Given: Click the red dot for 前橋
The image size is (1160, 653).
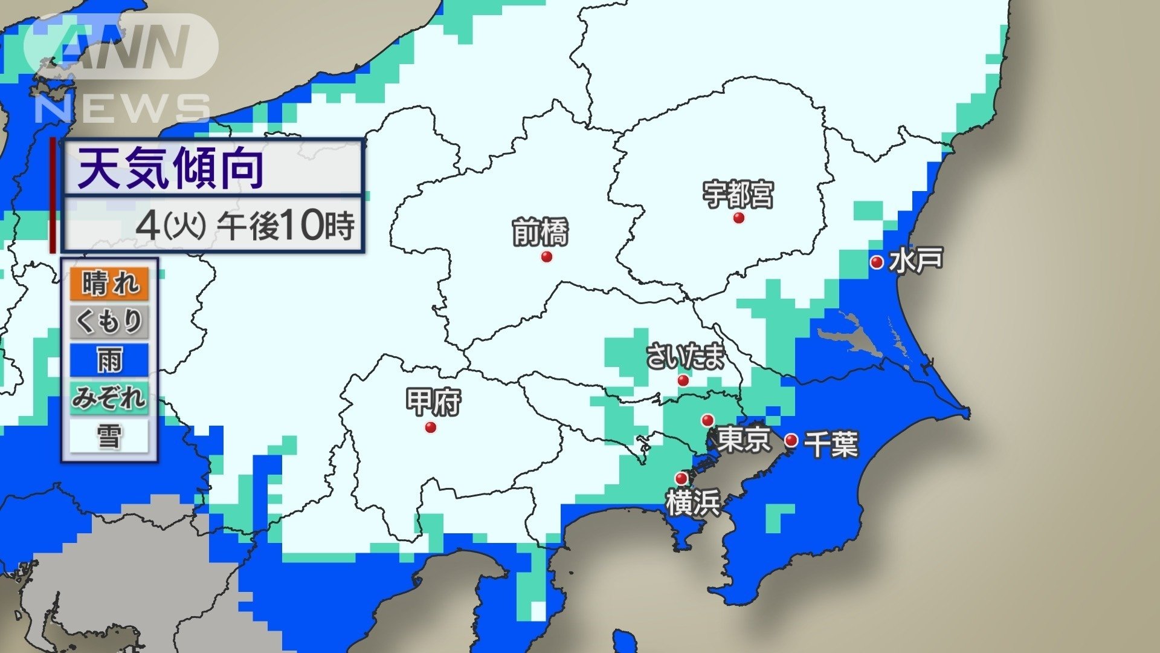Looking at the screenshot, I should pos(547,257).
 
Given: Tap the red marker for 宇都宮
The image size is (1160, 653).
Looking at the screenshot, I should pos(738,218).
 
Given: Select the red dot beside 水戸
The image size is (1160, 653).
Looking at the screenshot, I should pos(877,262).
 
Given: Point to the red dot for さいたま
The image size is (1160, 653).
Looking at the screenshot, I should pos(683,380).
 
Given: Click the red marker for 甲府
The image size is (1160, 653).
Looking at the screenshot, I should pos(431,427).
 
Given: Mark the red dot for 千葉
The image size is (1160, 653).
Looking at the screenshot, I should pos(791,440).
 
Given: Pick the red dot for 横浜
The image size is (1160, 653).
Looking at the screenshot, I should pos(681,479).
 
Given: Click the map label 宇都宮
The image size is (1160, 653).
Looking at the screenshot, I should pos(738,195).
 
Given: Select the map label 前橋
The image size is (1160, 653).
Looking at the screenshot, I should pos(541,233).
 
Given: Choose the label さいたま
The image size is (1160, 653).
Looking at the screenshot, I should pos(685,356).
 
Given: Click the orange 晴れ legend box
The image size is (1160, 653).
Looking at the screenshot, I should pos(109,284).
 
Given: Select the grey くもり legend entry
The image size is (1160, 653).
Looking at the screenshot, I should pos(109,321).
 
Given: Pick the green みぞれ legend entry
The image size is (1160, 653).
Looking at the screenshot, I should pos(109,398).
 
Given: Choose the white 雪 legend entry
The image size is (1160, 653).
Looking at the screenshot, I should pos(109,436).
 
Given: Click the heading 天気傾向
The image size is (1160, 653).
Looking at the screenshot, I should pos(171,169).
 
